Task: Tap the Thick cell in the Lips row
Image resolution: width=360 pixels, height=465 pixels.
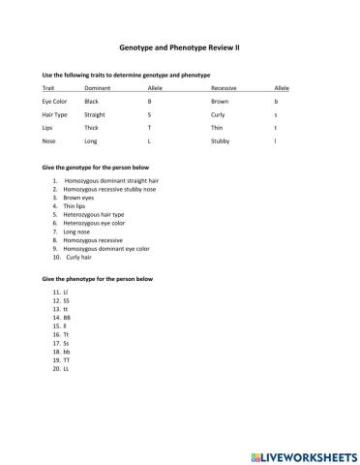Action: [x=92, y=127]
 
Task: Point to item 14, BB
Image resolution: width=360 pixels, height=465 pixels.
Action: [x=66, y=317]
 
